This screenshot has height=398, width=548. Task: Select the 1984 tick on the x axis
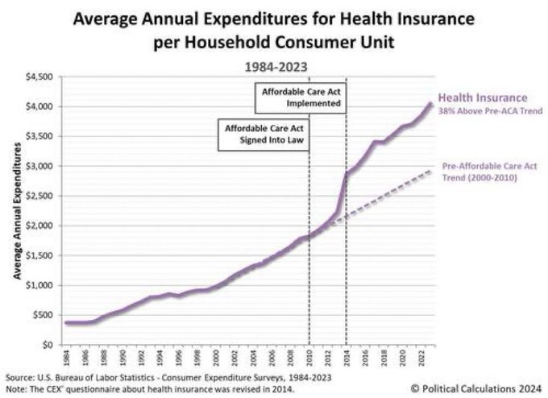(66, 354)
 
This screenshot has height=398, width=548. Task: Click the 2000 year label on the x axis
(215, 354)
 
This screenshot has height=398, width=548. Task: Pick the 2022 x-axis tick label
(420, 354)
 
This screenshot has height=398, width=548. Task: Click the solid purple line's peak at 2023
(430, 103)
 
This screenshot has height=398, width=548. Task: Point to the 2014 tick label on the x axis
(346, 354)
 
